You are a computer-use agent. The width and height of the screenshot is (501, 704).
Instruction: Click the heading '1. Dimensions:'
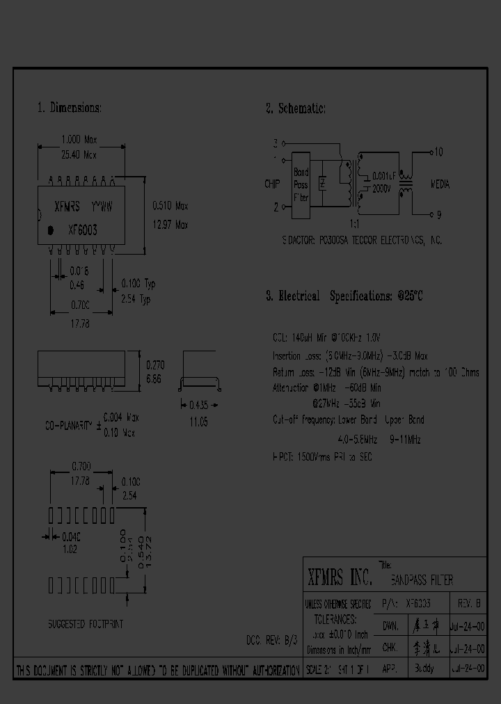click(x=70, y=108)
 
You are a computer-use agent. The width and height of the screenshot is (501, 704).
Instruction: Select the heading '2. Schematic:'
click(x=295, y=108)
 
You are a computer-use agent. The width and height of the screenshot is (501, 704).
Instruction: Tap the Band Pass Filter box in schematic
click(x=301, y=184)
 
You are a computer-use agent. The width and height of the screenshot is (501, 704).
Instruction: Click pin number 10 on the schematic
click(x=438, y=151)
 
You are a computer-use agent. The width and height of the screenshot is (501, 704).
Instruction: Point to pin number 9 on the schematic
click(x=438, y=214)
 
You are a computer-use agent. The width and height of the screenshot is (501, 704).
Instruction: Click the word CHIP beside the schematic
click(x=272, y=184)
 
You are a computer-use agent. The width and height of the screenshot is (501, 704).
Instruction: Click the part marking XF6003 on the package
click(x=82, y=230)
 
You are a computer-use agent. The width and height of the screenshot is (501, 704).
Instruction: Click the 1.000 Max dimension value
click(x=80, y=139)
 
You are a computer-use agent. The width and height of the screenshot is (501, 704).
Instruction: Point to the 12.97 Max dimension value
click(x=170, y=225)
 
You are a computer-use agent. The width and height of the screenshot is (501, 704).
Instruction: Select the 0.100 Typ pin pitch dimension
click(x=138, y=284)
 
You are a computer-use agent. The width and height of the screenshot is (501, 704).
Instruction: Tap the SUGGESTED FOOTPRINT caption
click(x=86, y=624)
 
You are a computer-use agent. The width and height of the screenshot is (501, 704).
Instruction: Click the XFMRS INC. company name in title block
click(x=340, y=577)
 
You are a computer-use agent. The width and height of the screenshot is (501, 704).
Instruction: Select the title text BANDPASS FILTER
click(x=422, y=579)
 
